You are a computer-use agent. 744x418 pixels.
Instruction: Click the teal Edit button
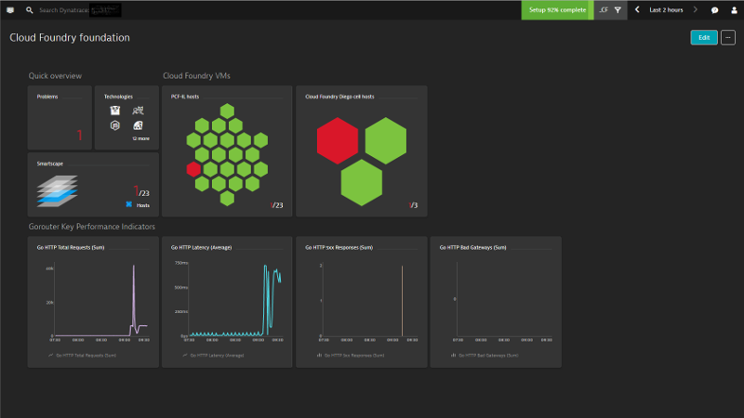pos(704,38)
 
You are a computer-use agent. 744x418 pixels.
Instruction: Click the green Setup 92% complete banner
pos(557,9)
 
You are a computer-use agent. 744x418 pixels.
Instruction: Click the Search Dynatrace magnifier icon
pos(30,10)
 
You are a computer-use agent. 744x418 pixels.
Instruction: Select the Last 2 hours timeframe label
pos(666,10)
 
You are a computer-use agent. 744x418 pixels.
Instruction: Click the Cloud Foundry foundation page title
pos(70,38)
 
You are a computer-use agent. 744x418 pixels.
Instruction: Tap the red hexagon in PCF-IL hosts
pos(193,169)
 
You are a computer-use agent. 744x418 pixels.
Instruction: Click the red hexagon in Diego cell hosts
pos(337,140)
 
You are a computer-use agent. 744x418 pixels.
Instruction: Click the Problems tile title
pos(47,97)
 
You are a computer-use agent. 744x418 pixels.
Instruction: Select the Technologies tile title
pos(118,97)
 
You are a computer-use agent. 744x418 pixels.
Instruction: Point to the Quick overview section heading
pos(55,75)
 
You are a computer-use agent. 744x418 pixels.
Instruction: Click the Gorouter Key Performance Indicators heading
pos(92,226)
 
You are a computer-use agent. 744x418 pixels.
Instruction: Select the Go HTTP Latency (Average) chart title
pos(202,248)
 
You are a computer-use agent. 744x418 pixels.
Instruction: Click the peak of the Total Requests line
pos(133,267)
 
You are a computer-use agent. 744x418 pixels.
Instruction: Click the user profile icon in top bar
pos(733,10)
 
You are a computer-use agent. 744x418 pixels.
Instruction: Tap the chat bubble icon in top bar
pos(715,10)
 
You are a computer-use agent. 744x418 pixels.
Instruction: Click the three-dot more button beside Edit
pos(728,38)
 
